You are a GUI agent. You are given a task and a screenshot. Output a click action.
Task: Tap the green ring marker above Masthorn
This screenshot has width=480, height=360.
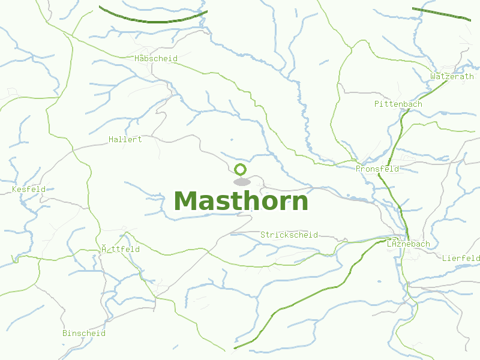pyautogui.click(x=241, y=169)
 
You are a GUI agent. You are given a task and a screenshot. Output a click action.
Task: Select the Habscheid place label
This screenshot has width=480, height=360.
pyautogui.click(x=156, y=58)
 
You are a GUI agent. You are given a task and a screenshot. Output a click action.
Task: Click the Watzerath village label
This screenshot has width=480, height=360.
pyautogui.click(x=452, y=76)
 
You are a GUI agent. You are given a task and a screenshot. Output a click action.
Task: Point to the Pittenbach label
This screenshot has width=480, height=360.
pyautogui.click(x=398, y=104)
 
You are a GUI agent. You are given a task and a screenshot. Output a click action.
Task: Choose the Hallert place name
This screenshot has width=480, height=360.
pyautogui.click(x=125, y=139)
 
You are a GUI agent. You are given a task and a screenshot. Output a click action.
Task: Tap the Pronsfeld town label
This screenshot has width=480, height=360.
pyautogui.click(x=377, y=169)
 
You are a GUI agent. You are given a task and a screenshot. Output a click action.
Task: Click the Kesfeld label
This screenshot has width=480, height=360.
pyautogui.click(x=29, y=189)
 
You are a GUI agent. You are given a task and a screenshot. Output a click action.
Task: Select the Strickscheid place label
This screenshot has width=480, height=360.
pyautogui.click(x=289, y=235)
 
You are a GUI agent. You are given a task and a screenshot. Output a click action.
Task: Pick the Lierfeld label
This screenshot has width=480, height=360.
pyautogui.click(x=461, y=258)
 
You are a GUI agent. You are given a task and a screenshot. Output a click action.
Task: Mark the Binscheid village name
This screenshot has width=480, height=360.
pyautogui.click(x=84, y=333)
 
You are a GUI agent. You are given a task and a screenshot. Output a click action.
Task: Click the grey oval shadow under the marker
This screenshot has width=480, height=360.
pyautogui.click(x=241, y=182)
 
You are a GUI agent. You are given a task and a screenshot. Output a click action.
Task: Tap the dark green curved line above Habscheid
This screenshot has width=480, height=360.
pyautogui.click(x=153, y=20)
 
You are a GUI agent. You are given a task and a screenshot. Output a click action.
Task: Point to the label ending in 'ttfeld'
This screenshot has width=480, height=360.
pyautogui.click(x=121, y=249)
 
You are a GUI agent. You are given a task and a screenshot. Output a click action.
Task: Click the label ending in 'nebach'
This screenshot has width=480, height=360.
pyautogui.click(x=409, y=244)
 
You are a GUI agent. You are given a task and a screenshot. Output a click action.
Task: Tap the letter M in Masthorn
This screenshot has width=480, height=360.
pyautogui.click(x=187, y=201)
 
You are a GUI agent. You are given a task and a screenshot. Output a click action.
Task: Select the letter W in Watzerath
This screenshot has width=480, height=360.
pyautogui.click(x=433, y=76)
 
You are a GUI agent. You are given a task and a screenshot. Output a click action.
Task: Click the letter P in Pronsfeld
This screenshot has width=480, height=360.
pyautogui.click(x=358, y=169)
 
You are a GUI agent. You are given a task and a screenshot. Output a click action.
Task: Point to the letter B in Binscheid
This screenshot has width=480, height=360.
pyautogui.click(x=65, y=333)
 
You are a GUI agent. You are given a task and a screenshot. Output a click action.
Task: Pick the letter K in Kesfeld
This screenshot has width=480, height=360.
pyautogui.click(x=14, y=189)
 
